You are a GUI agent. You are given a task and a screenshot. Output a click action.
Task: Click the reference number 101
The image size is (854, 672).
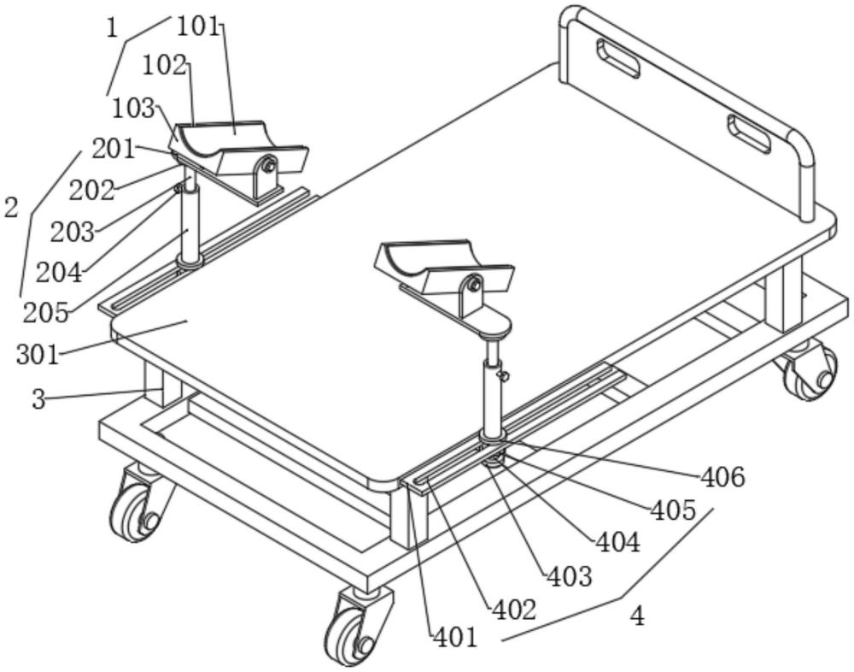(x=198, y=26)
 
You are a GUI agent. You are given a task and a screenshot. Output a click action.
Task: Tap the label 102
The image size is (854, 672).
(x=164, y=65)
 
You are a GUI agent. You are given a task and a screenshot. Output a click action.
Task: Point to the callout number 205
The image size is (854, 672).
(x=45, y=312)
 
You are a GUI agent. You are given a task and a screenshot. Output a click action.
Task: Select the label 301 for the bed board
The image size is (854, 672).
(x=38, y=353)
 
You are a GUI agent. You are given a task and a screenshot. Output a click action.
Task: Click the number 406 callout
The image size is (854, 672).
(x=722, y=477)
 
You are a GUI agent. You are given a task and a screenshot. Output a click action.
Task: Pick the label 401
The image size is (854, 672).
(x=455, y=637)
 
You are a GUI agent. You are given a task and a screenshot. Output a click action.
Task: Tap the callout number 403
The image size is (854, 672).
(x=569, y=576)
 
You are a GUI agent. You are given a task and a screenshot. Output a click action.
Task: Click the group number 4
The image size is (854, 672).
(x=637, y=616)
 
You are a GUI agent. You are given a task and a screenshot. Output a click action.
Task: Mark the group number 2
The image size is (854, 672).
(x=11, y=207)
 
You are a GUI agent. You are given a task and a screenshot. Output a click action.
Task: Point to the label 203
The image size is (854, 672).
(x=72, y=232)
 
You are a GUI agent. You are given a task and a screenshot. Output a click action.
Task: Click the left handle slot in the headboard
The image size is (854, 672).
(x=617, y=58)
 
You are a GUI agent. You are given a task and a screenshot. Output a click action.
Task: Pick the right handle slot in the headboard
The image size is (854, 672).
(x=748, y=134)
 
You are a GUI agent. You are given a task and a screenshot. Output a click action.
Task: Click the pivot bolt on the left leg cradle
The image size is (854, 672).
(x=268, y=166)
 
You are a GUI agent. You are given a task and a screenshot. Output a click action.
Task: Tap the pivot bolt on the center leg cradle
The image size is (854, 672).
(x=474, y=286)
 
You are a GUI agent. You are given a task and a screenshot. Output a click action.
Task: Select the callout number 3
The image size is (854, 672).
(x=38, y=398)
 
